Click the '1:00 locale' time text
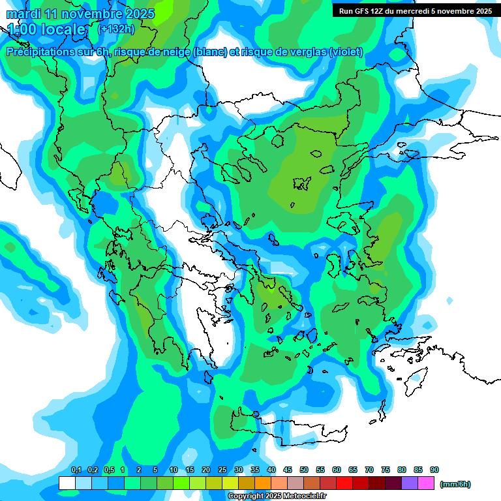[46, 29]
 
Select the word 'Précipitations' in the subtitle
[39, 52]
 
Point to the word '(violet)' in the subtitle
[346, 52]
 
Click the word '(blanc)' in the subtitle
[210, 52]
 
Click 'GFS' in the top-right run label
[364, 11]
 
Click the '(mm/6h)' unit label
[455, 484]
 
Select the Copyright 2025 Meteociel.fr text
[277, 496]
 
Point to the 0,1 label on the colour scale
[76, 470]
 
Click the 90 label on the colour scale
[434, 470]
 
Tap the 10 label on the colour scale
[174, 470]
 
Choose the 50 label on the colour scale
[304, 470]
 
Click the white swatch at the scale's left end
[67, 483]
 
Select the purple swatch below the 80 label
[410, 483]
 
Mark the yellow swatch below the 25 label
[214, 483]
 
